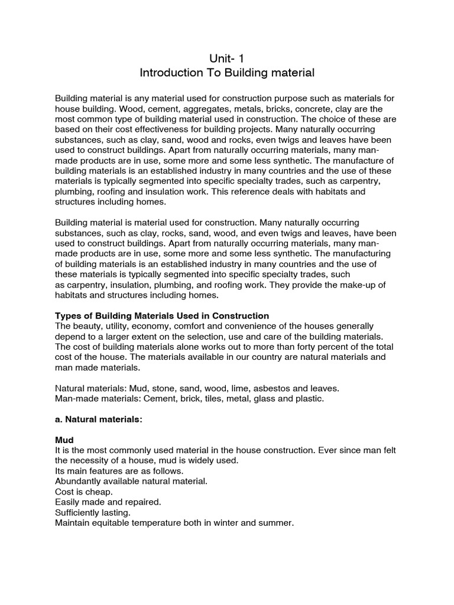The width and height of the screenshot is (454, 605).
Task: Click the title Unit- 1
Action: (227, 57)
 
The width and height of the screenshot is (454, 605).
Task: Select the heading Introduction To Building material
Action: (227, 73)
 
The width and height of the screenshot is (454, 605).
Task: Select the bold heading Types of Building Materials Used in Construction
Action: (161, 315)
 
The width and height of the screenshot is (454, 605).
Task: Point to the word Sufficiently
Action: (77, 512)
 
